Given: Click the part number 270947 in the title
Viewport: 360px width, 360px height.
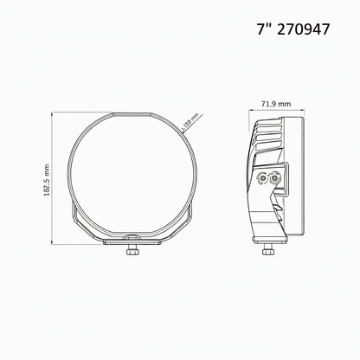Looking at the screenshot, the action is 303,29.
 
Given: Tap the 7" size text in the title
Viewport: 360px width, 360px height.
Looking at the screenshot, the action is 264,29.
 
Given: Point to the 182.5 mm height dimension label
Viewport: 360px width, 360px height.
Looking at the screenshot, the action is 47,180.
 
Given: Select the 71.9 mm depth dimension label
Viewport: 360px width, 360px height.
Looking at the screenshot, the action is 276,104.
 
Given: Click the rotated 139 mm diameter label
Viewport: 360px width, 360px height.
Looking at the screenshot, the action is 190,121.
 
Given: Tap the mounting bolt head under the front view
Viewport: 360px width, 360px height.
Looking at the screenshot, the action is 132,252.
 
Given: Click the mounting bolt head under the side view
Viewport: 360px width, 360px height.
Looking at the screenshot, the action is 267,252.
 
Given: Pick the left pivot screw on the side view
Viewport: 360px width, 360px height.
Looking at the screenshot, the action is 262,179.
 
